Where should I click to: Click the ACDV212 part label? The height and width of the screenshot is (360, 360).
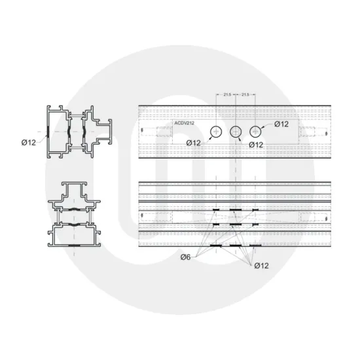pyautogui.click(x=184, y=123)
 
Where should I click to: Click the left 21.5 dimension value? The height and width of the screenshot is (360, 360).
pyautogui.click(x=227, y=95)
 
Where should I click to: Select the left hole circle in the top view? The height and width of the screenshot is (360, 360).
pyautogui.click(x=216, y=132)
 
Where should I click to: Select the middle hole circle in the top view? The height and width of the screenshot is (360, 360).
pyautogui.click(x=236, y=132)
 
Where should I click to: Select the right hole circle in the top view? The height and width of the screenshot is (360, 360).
pyautogui.click(x=256, y=132)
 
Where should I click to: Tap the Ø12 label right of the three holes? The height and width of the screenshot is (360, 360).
pyautogui.click(x=281, y=124)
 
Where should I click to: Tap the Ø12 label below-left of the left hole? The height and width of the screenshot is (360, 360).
pyautogui.click(x=194, y=142)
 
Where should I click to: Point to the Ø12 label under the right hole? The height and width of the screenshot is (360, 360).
pyautogui.click(x=256, y=145)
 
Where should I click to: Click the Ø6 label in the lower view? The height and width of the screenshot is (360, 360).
pyautogui.click(x=185, y=258)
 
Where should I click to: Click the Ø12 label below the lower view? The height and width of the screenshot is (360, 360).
pyautogui.click(x=261, y=264)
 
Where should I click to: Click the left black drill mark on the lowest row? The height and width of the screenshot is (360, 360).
pyautogui.click(x=216, y=245)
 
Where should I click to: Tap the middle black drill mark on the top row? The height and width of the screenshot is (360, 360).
pyautogui.click(x=236, y=210)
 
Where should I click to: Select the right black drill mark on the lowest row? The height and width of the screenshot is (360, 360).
pyautogui.click(x=256, y=245)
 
